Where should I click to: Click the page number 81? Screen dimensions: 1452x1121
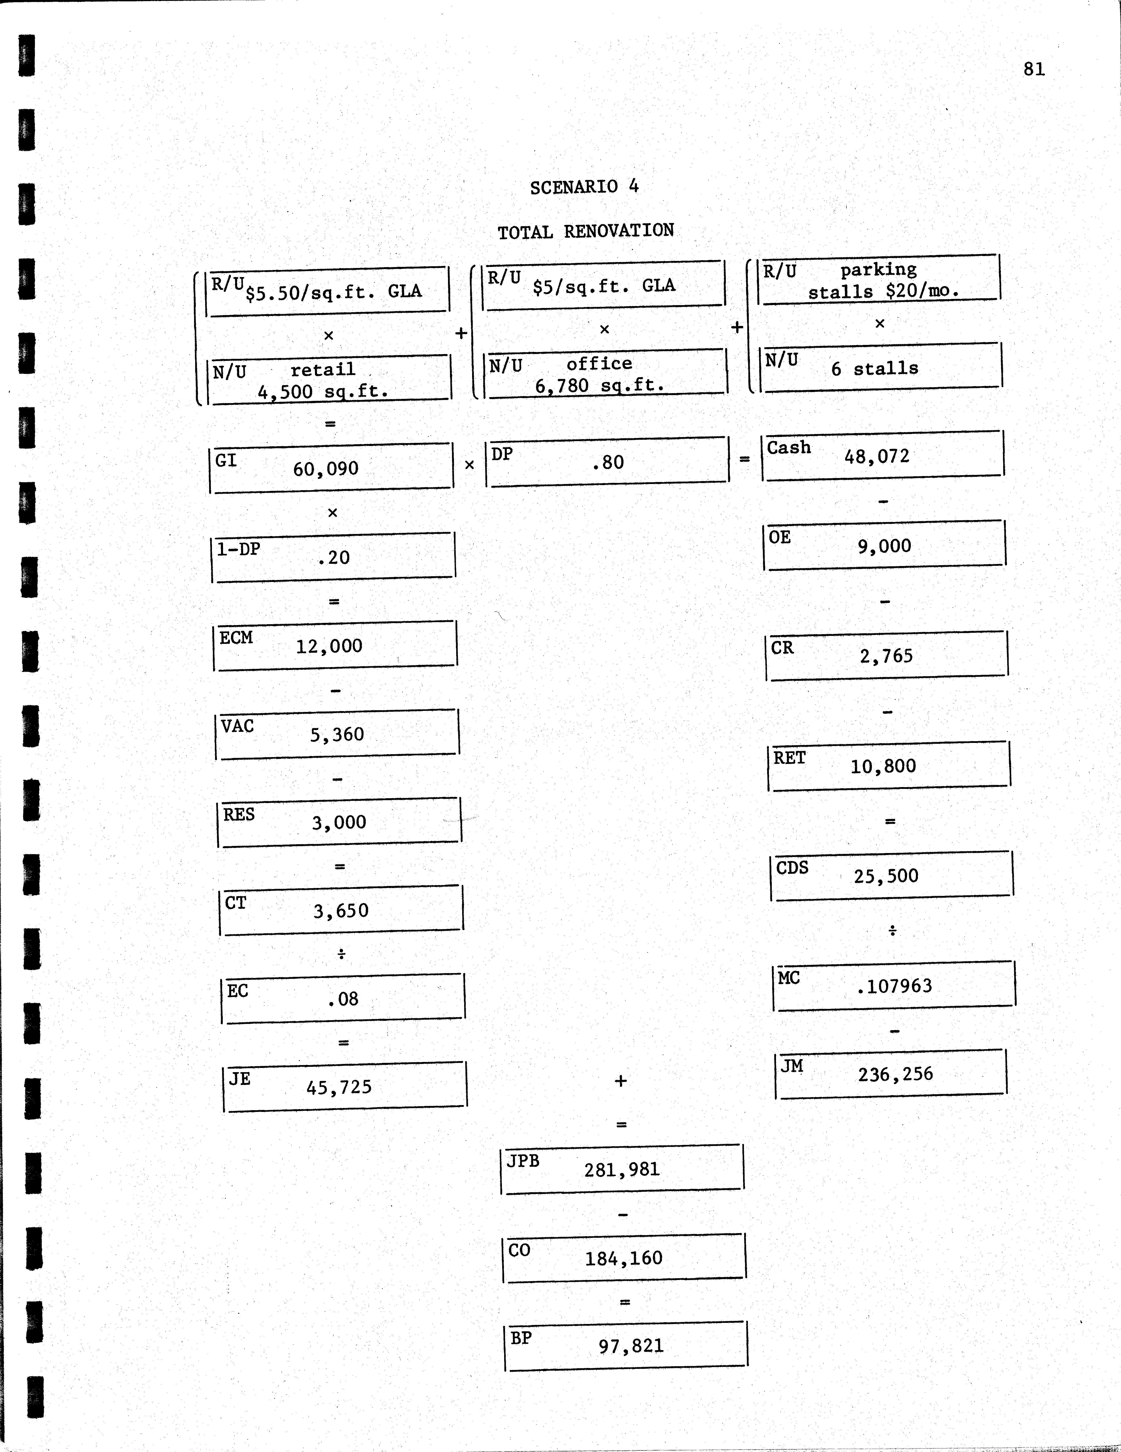[1034, 69]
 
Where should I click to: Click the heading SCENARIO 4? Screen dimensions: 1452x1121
[584, 187]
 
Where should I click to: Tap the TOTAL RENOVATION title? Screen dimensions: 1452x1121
[585, 231]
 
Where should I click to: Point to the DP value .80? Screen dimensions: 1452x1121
[608, 462]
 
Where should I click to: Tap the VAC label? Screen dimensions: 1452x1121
[237, 726]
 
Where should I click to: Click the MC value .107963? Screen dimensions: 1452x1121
[894, 986]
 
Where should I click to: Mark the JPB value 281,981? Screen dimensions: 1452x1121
[622, 1169]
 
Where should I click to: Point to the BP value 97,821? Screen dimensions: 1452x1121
[631, 1346]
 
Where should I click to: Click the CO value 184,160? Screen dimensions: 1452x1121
[623, 1258]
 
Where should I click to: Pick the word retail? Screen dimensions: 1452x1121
[323, 370]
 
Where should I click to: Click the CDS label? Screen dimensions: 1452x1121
[792, 868]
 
